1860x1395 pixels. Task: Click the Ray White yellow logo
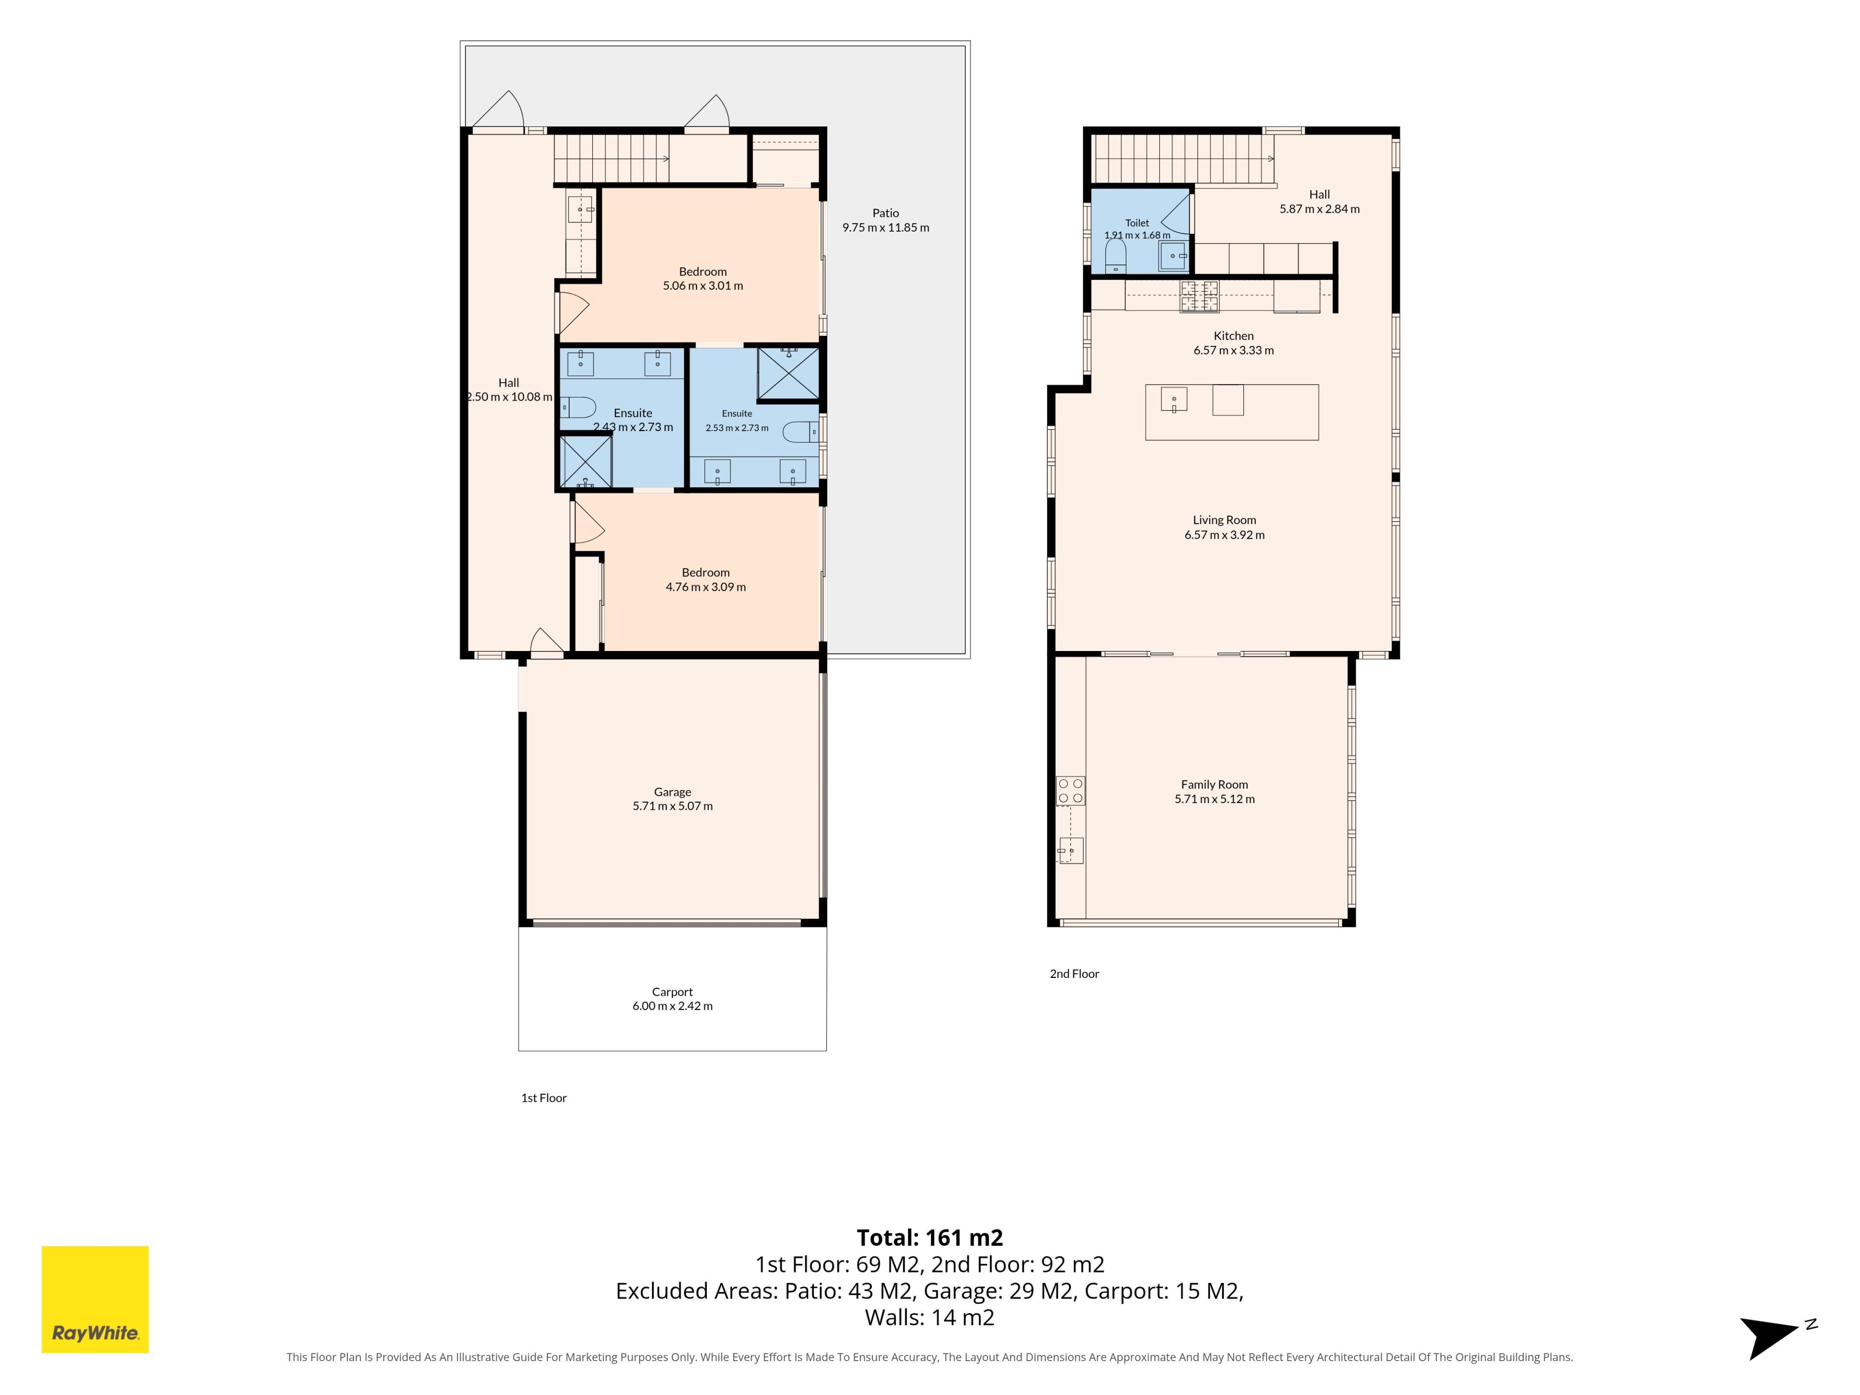95,1299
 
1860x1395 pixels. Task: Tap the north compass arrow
1769,1337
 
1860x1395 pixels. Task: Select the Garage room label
673,792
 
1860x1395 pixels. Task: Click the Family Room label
1214,785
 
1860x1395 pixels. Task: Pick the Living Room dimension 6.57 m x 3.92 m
1224,535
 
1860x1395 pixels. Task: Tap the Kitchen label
1234,336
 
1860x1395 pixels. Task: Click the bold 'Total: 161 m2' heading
930,1238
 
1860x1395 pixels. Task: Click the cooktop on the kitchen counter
1200,296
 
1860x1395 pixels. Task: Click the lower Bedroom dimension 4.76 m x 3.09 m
705,588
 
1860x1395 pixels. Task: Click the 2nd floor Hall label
1319,194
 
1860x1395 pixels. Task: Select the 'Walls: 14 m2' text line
930,1317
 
